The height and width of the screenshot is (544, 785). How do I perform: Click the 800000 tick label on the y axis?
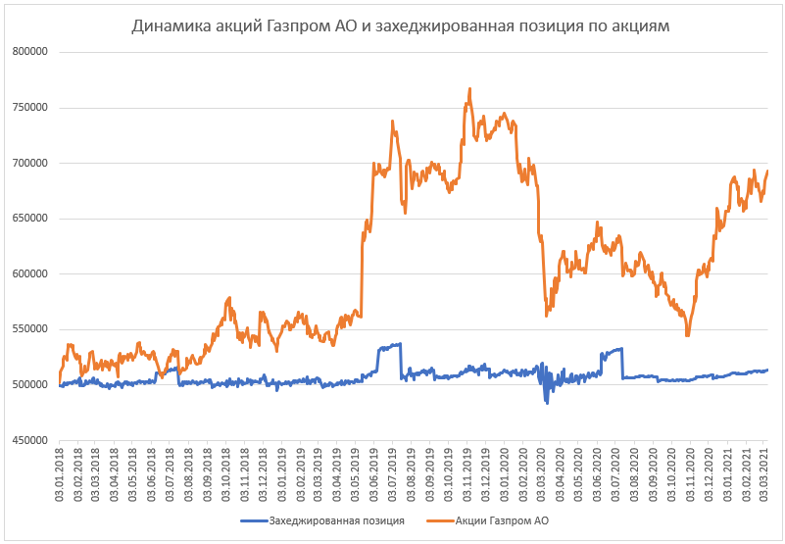tap(30, 52)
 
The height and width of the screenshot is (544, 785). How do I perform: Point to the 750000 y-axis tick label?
tap(30, 108)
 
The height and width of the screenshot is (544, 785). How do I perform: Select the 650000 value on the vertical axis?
tap(30, 219)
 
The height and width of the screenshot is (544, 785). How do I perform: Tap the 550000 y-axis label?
tap(30, 329)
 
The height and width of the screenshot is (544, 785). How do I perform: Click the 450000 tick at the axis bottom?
tap(30, 440)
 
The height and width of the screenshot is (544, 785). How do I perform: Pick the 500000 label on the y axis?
tap(30, 384)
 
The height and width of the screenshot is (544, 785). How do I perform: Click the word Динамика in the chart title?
tap(168, 26)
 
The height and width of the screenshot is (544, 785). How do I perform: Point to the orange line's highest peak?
tap(470, 88)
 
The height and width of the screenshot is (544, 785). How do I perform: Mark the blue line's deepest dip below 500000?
tap(547, 402)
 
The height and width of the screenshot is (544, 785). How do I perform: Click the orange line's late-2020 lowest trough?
tap(688, 335)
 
